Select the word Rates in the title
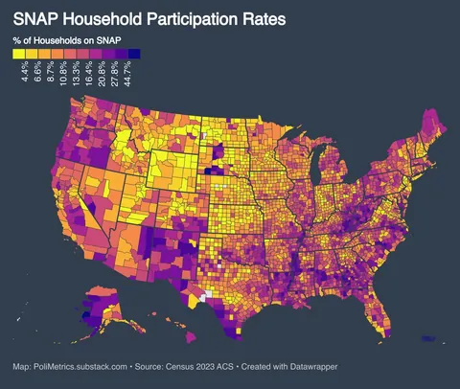click(x=263, y=18)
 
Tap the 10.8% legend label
click(x=65, y=74)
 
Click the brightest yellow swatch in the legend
click(x=18, y=54)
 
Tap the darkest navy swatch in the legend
click(x=135, y=54)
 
